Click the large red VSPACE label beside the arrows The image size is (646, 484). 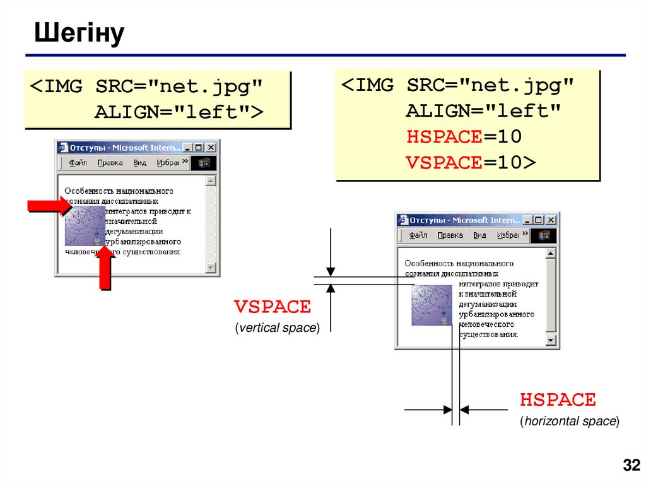(273, 307)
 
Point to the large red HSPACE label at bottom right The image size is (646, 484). (558, 399)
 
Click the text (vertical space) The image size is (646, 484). (277, 328)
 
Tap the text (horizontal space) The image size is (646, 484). (569, 421)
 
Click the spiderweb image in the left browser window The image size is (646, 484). (85, 225)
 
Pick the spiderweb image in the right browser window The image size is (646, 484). (432, 305)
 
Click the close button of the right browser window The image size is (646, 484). (551, 220)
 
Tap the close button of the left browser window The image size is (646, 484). (211, 148)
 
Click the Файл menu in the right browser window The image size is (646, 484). (418, 235)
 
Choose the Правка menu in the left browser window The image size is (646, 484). (110, 163)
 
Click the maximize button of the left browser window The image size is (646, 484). (199, 148)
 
